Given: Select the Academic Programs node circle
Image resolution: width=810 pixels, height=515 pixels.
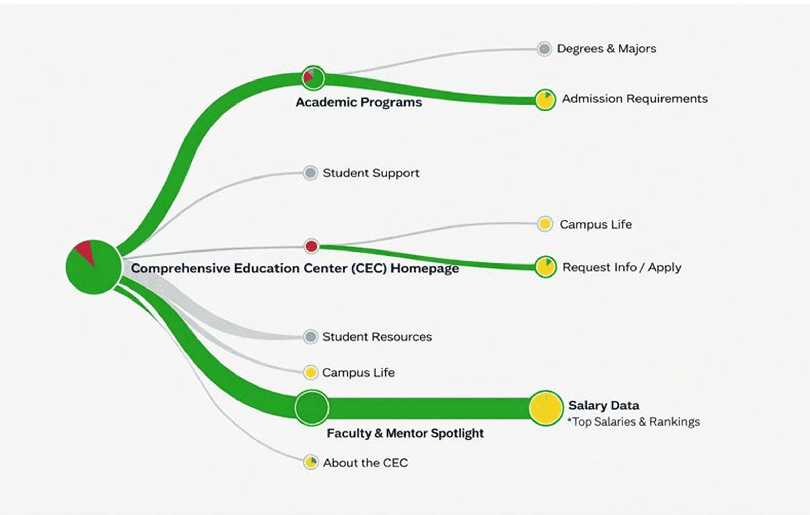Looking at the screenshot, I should point(313,78).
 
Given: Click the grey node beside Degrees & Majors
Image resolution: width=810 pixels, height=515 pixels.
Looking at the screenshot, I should point(544,49).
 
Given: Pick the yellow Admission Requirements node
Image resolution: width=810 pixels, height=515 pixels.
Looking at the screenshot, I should point(545,100).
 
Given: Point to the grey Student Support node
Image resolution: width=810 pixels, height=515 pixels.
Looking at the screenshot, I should point(310,173).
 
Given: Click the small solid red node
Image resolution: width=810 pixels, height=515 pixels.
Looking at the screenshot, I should point(311,246).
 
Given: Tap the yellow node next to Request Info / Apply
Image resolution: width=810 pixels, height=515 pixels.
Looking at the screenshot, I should point(545,267).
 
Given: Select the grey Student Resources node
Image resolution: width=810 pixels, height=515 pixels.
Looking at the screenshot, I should point(310,336).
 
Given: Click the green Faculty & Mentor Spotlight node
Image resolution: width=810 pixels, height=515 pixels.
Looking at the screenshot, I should point(311,407).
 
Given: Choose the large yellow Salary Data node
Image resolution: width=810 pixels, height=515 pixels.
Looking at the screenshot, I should point(546,408).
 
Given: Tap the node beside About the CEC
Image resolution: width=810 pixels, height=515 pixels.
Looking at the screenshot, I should point(311,462).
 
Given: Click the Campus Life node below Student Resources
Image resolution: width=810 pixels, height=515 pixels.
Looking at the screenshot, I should point(310,372).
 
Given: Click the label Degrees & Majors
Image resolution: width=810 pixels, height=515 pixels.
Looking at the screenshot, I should point(606,49).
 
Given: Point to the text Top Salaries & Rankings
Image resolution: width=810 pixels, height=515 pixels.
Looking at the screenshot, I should point(635,422).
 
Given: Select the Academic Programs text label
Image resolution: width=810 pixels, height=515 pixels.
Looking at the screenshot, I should point(359,102).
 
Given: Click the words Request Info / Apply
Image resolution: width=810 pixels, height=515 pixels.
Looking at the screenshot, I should point(621,267).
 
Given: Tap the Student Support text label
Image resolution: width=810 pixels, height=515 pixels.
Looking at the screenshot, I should point(371,173).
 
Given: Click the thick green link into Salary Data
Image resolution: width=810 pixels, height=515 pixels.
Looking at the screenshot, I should point(428,408).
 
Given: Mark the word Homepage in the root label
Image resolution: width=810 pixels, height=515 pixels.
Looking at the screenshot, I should point(424,268).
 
